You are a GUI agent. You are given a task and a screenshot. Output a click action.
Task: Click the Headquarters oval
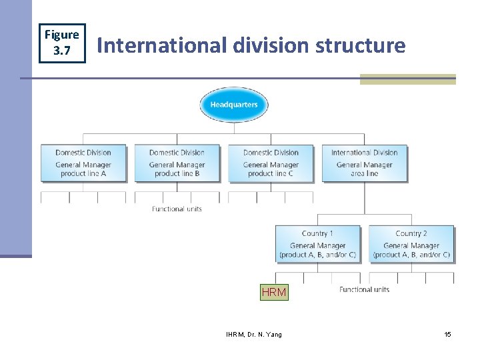coord(233,105)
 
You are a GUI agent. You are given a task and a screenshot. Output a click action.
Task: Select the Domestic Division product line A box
coord(83,163)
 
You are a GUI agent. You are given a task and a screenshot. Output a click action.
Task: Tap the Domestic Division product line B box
coord(177,163)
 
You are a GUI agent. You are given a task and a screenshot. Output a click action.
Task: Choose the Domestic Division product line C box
coord(271,163)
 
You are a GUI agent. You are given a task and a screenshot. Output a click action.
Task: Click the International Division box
coord(364,163)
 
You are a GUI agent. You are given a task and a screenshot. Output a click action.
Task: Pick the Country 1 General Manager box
coord(317,244)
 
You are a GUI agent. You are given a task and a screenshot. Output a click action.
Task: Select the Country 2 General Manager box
coord(411,244)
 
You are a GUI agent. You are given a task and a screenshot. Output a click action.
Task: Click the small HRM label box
coord(274,292)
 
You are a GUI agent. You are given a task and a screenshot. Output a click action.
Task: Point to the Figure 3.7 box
coord(61,41)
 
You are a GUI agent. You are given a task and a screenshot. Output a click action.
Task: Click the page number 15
coord(448,334)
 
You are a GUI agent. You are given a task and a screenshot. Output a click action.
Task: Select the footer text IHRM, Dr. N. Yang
coord(254,334)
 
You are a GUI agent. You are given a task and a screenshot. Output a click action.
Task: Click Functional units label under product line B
coord(177,209)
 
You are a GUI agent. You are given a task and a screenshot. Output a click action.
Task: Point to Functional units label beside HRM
coord(364,289)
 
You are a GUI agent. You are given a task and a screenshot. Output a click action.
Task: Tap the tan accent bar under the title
coord(407,79)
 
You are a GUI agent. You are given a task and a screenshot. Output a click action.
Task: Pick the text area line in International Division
coord(364,173)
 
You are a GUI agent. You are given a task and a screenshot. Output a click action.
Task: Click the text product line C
coord(271,173)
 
